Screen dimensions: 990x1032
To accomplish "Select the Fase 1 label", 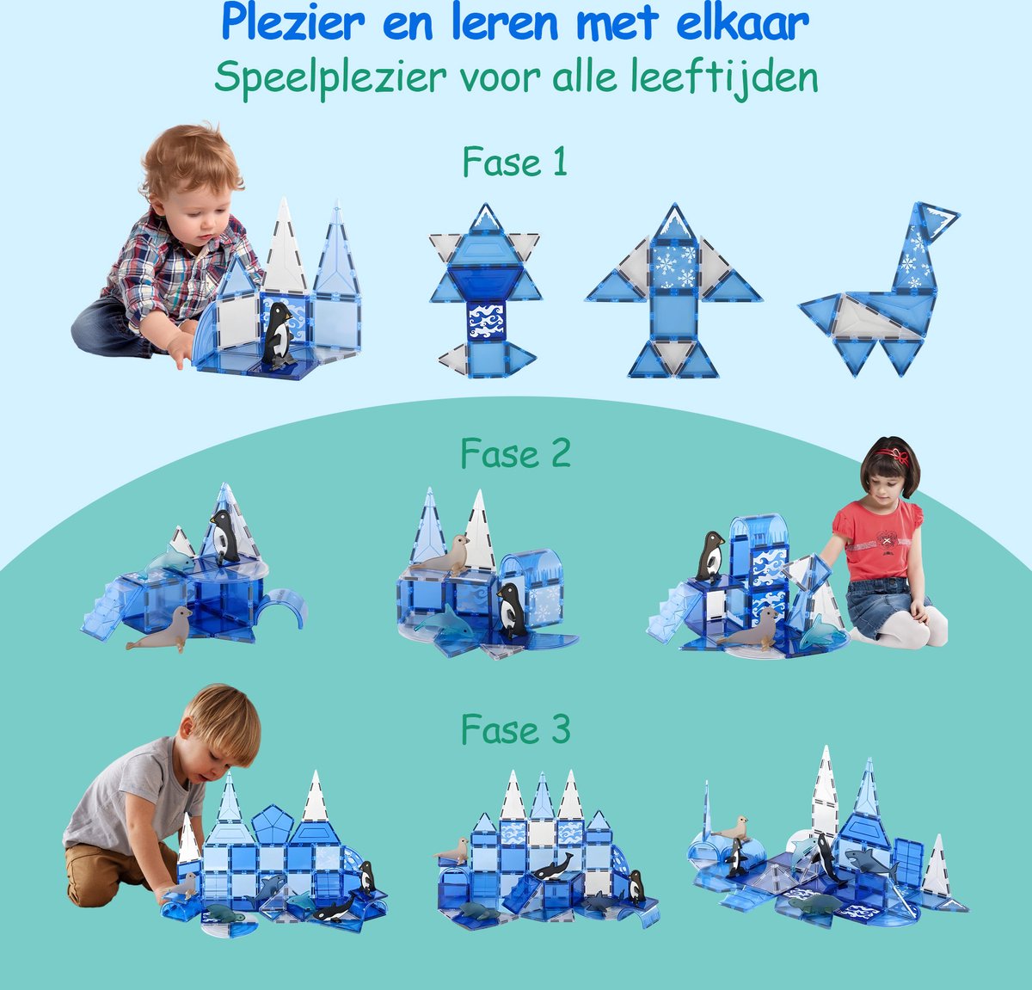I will click(514, 162).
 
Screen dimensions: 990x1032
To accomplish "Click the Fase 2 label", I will click(514, 453).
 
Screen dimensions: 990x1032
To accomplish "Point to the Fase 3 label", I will click(514, 730).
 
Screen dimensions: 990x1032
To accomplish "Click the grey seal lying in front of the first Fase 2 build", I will click(161, 630).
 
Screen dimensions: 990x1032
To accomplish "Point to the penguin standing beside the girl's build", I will click(709, 556).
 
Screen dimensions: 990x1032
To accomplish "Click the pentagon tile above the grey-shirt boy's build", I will click(273, 826).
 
